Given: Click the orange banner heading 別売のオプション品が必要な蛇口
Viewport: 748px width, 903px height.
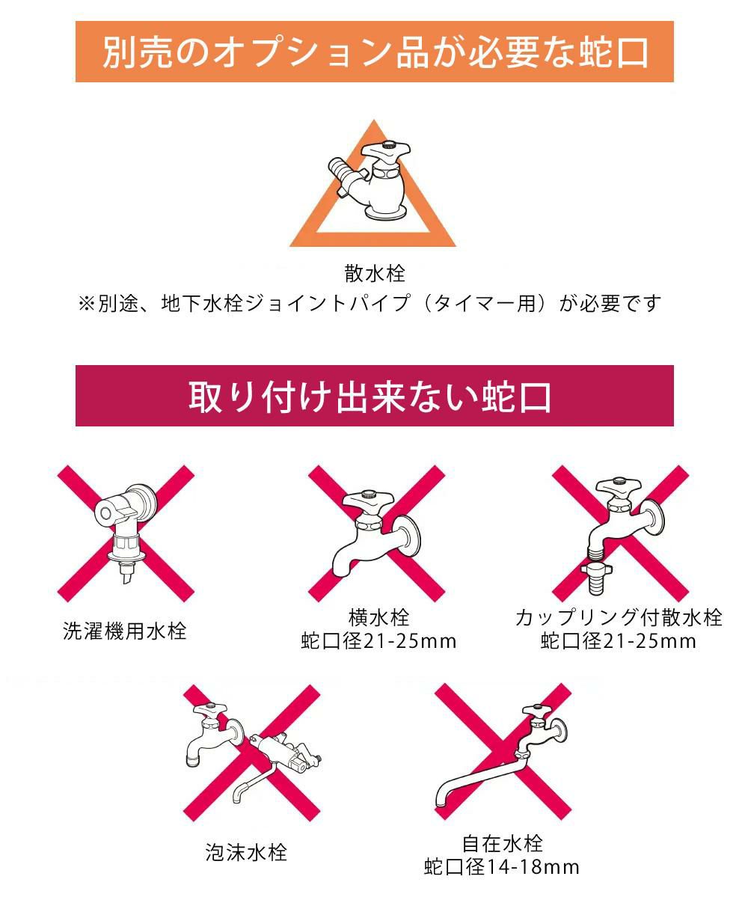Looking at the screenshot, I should coord(374,52).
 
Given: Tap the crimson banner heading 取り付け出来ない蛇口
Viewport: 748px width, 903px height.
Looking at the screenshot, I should coord(374,396).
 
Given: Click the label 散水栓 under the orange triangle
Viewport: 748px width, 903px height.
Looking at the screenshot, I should coord(375,273).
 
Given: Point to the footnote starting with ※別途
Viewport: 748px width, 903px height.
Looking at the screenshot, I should coord(370,304).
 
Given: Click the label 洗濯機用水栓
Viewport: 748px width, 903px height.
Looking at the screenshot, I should coord(124,631).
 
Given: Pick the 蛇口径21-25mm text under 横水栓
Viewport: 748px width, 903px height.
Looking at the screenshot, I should coord(378,641).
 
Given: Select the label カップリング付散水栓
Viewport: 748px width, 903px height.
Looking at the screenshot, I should coord(619,618).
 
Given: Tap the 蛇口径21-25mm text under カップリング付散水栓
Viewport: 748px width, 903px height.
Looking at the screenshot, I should coord(619,641).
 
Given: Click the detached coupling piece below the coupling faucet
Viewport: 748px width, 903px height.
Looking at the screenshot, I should coord(598,580).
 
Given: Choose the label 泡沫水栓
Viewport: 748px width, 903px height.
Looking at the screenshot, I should coord(246,852).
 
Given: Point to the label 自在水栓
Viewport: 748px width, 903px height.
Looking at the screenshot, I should coord(502,844).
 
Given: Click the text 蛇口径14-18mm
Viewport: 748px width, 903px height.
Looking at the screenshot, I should coord(502,867).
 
